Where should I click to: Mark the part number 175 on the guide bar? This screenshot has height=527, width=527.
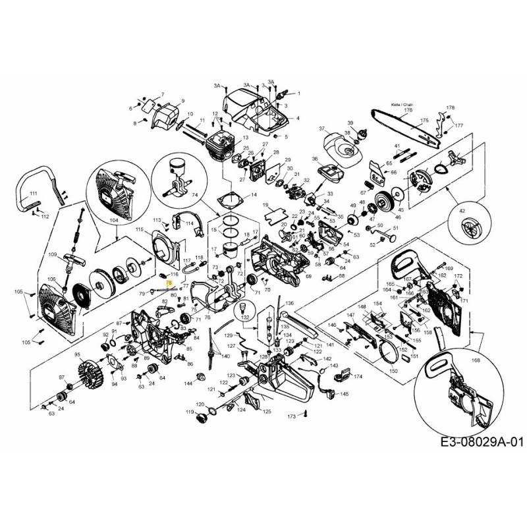(x=424, y=121)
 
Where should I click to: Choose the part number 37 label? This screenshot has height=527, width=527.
(x=323, y=128)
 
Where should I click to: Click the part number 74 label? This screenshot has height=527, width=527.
(x=194, y=195)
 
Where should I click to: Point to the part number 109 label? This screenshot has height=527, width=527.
(x=52, y=254)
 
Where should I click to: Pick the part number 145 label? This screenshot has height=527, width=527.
(x=345, y=395)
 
